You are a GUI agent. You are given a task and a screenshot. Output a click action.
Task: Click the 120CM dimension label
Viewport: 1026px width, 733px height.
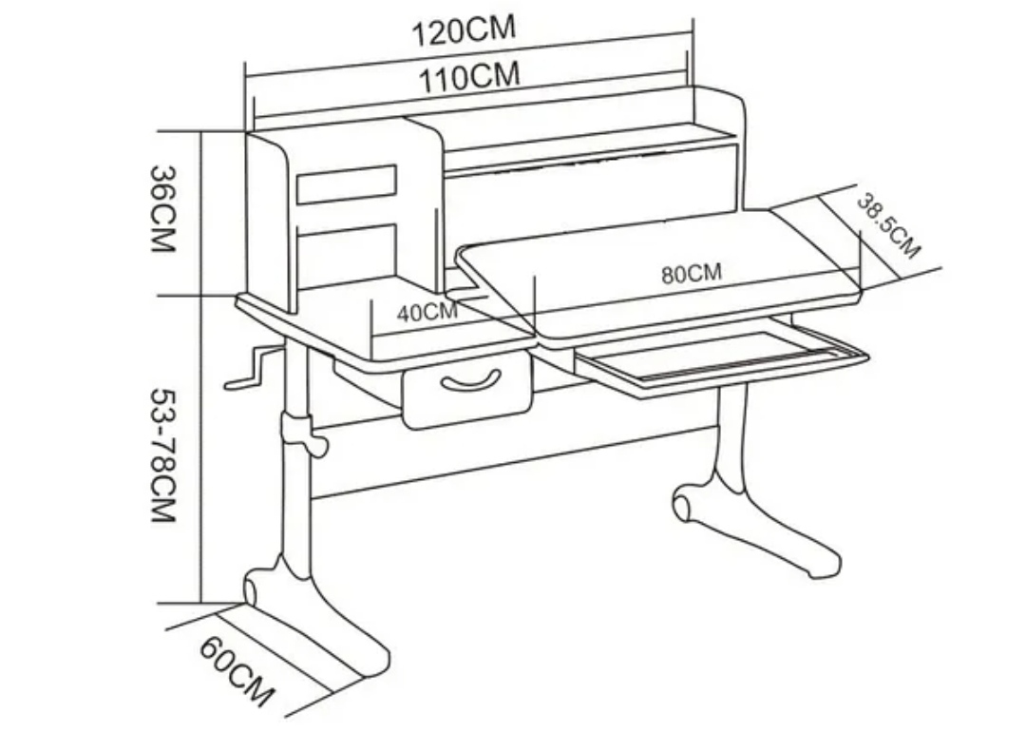pyautogui.click(x=464, y=29)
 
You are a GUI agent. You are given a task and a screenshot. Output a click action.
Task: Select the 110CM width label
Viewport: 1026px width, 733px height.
pyautogui.click(x=470, y=76)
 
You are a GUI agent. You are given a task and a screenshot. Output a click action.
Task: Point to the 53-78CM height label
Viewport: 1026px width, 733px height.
pyautogui.click(x=162, y=454)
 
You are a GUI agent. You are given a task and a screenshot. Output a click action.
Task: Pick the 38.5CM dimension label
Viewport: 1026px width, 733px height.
pyautogui.click(x=888, y=225)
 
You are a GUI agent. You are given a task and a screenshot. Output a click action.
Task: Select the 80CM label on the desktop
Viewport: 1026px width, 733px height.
pyautogui.click(x=691, y=274)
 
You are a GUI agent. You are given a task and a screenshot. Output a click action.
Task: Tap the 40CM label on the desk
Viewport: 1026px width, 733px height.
pyautogui.click(x=427, y=311)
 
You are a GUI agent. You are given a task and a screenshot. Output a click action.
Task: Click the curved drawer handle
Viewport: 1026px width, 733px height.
pyautogui.click(x=470, y=381)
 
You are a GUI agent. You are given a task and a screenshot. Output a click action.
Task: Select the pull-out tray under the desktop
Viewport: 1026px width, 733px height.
pyautogui.click(x=722, y=357)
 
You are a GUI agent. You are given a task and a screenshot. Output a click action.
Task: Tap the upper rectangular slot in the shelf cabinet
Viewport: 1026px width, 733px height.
pyautogui.click(x=346, y=183)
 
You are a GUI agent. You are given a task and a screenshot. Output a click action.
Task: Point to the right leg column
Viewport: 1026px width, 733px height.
pyautogui.click(x=731, y=428)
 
